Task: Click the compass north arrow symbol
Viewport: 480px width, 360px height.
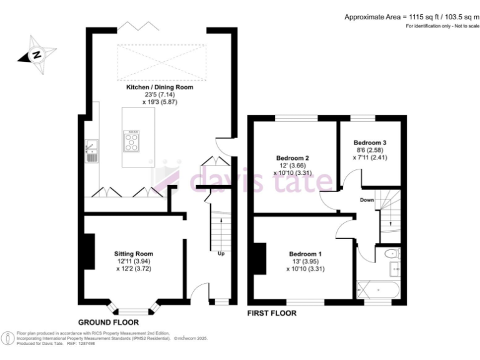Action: coord(37,54)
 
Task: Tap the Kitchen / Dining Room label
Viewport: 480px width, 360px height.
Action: coord(160,87)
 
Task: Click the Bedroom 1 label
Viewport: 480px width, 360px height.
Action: coord(306,253)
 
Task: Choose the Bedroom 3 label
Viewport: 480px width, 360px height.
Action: coord(369,142)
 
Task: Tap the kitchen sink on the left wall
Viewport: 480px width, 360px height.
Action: coord(91,150)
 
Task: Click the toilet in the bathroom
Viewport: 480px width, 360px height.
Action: coord(391,254)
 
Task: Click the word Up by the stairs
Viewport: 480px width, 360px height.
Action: coord(221,254)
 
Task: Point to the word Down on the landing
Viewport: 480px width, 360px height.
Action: coord(366,200)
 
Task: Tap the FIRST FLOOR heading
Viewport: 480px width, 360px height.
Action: coord(272,313)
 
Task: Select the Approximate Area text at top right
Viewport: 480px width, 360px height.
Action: coord(411,17)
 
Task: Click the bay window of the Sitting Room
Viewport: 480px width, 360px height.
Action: coord(132,308)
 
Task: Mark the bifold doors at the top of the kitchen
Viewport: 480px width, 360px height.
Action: coord(137,26)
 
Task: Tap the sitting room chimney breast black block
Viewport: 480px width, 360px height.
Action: coord(89,251)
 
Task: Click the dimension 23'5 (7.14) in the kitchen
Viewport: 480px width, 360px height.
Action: coord(160,95)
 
